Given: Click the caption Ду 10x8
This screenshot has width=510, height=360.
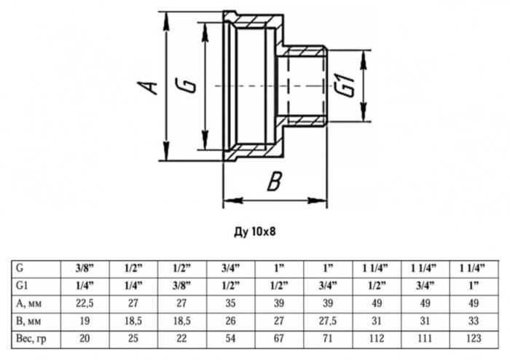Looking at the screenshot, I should click(254, 232).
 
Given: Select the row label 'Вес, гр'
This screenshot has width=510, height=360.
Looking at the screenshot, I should click(31, 337).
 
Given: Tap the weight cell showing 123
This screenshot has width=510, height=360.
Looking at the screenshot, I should click(474, 337).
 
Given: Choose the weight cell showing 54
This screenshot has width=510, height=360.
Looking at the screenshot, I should click(232, 337).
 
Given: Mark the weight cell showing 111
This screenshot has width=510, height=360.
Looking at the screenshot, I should click(425, 337).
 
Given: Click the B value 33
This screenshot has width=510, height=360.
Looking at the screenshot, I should click(474, 320).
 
